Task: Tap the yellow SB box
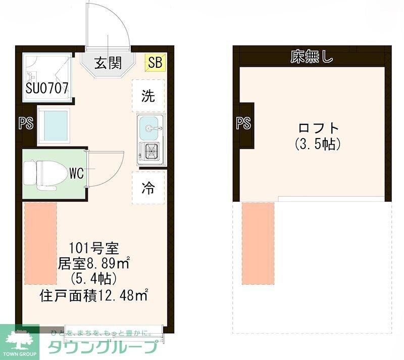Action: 155,63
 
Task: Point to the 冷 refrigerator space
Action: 148,188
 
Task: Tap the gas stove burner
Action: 149,150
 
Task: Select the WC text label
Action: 76,173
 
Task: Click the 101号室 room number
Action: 93,248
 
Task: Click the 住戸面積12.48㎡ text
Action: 93,295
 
